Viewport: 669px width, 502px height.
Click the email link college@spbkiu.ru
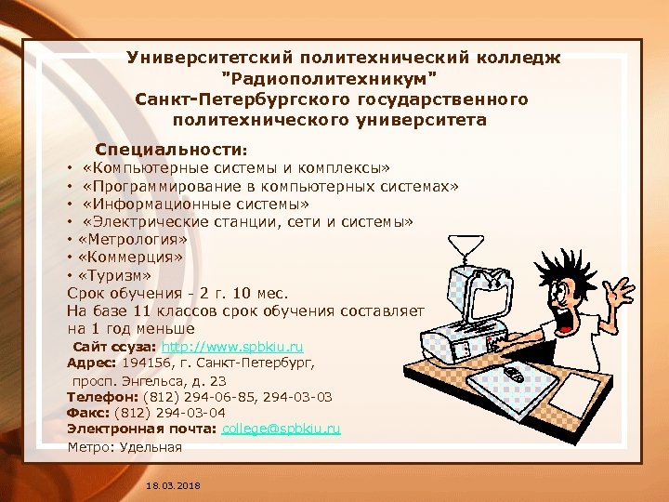(282, 429)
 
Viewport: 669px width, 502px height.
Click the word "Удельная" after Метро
(151, 447)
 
